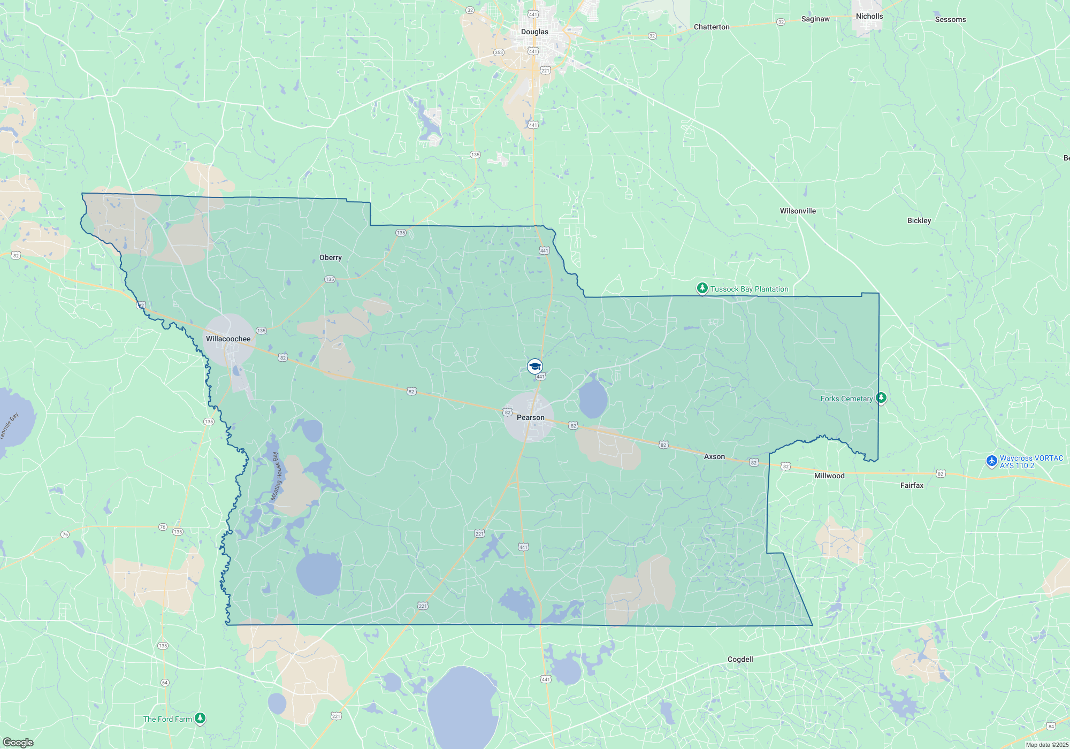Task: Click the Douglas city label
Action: click(x=534, y=32)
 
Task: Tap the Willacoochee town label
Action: click(x=228, y=339)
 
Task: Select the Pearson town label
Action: click(x=530, y=417)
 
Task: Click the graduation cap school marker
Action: click(x=535, y=366)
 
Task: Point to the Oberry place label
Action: click(x=330, y=257)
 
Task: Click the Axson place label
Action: click(x=714, y=456)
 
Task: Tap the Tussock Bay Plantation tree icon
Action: click(x=702, y=288)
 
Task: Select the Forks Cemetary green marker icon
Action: click(x=881, y=398)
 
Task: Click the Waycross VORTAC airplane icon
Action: click(x=991, y=461)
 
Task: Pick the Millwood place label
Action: click(x=829, y=476)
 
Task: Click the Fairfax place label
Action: click(x=912, y=485)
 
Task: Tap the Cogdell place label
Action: click(x=740, y=659)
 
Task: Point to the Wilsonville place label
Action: click(x=798, y=211)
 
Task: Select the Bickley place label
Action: click(x=919, y=220)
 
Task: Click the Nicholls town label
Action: click(x=869, y=16)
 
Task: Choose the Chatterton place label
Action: click(x=712, y=27)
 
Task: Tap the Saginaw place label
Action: click(x=815, y=19)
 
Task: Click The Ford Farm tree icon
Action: click(x=200, y=718)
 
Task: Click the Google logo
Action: click(x=18, y=743)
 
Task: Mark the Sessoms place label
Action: click(x=950, y=19)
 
